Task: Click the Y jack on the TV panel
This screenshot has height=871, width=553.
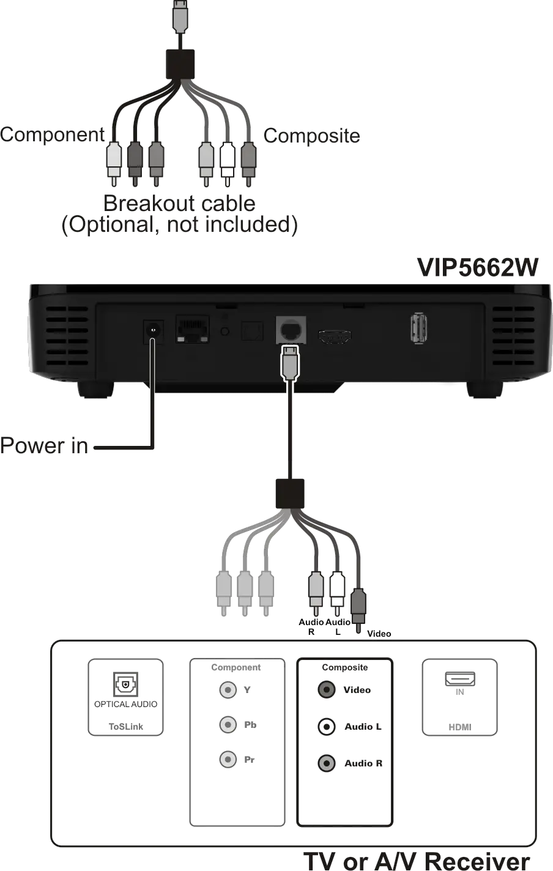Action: coord(228,690)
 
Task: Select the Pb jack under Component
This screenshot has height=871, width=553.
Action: coord(228,725)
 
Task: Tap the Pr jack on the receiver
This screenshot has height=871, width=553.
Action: coord(228,760)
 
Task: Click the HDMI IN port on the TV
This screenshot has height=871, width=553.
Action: coord(459,678)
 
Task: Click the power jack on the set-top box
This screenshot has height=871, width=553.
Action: coord(153,330)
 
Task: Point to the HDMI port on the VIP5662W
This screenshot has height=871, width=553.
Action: coord(335,335)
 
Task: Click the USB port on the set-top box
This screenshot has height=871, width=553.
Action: coord(418,329)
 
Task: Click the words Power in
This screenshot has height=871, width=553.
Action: coord(44,446)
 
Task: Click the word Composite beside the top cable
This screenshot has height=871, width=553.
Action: coord(312,137)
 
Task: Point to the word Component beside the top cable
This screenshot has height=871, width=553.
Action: coord(51,133)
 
